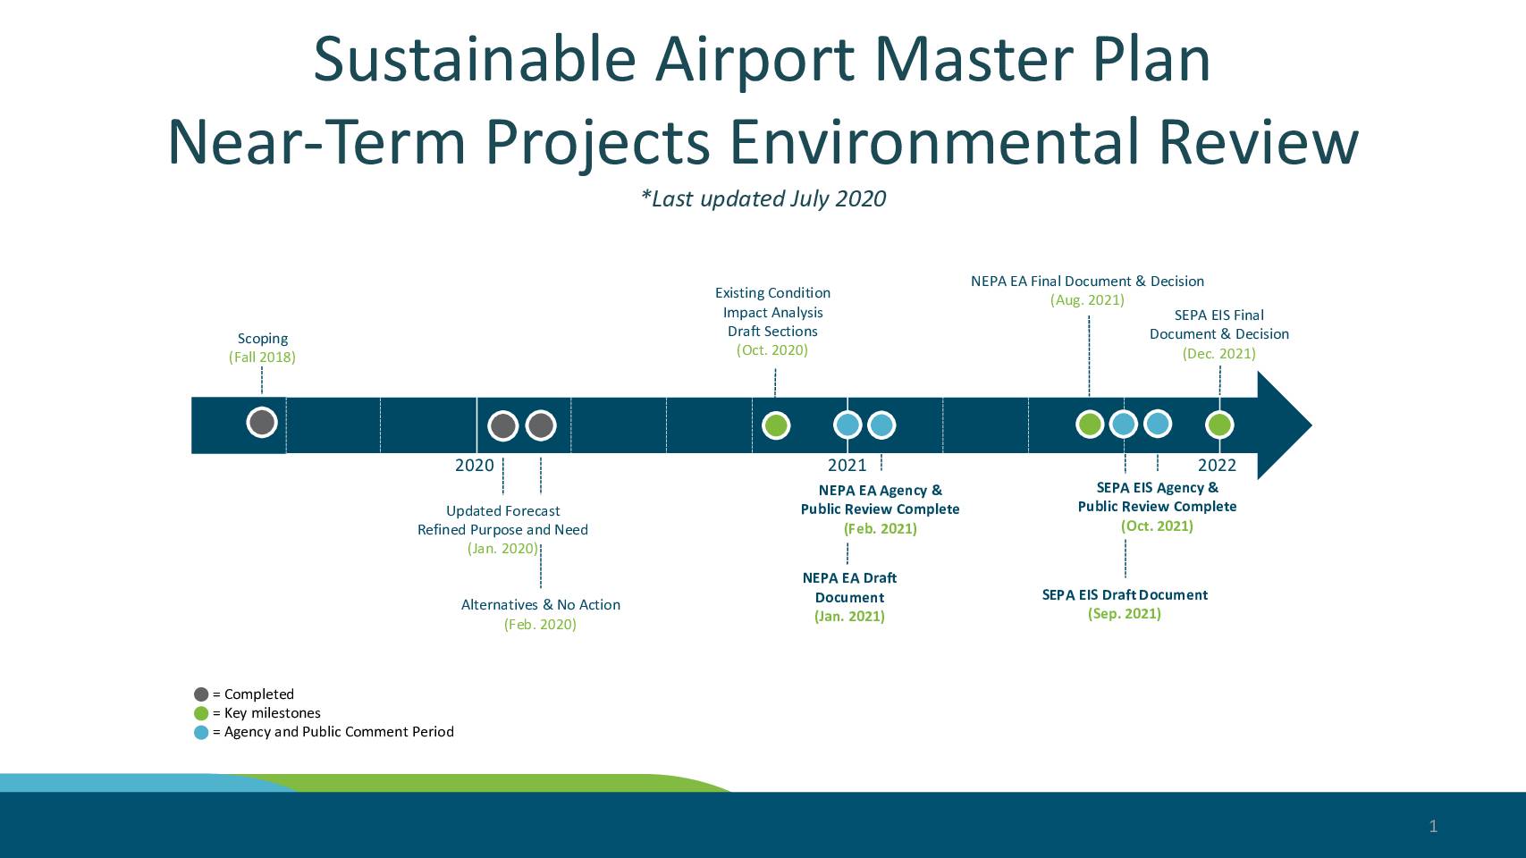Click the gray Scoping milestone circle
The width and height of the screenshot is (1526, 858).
[262, 422]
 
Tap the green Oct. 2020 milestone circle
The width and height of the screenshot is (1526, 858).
[776, 425]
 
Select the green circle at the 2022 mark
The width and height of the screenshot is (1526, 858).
[1219, 425]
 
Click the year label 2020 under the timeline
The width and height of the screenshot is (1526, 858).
[474, 465]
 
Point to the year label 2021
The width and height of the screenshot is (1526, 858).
[847, 465]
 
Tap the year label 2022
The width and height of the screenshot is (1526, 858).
[1217, 465]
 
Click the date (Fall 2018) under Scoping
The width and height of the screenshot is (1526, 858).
[262, 357]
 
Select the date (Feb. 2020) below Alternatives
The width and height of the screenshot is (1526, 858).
[540, 625]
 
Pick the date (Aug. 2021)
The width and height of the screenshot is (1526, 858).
[1087, 300]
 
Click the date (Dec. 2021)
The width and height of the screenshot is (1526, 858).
[1219, 353]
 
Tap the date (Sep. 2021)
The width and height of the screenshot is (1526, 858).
[1124, 613]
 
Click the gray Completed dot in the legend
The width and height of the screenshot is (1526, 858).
[201, 694]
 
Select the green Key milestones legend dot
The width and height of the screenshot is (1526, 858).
[201, 713]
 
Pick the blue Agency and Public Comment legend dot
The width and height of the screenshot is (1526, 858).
[201, 732]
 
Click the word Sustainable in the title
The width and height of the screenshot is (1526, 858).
[475, 59]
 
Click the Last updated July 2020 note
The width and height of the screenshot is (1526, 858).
[763, 198]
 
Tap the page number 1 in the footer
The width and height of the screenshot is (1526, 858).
[1433, 826]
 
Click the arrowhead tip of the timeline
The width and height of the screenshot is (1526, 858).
[1311, 425]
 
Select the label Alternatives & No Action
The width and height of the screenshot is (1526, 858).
[540, 605]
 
